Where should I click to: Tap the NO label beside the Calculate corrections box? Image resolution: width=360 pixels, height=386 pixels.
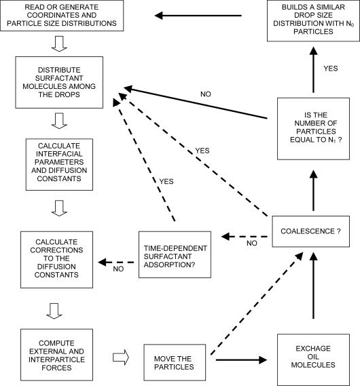click(119, 269)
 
